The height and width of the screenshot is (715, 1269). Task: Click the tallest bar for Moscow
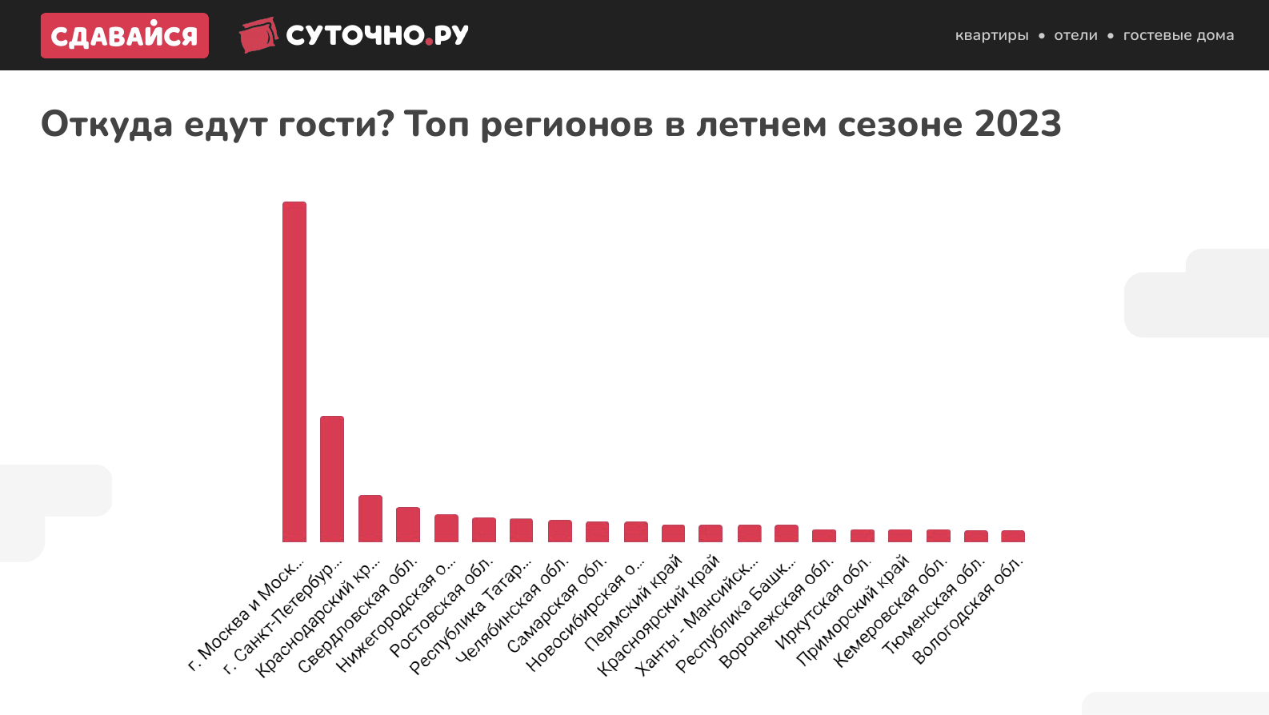pos(294,372)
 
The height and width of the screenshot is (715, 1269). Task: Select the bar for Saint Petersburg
pos(332,479)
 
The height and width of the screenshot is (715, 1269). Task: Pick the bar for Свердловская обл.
pos(408,525)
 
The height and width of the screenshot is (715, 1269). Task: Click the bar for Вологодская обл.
pos(1013,536)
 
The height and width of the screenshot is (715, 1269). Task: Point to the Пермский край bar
pos(673,533)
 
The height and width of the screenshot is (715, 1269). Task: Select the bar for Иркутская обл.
pos(862,536)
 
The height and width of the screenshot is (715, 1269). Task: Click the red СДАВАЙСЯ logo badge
pos(125,35)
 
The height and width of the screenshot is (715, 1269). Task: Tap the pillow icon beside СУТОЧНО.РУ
pos(258,35)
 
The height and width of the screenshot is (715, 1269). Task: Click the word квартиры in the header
pos(991,35)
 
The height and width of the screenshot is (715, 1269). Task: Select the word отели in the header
pos(1075,35)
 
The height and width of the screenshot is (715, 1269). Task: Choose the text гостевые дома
pos(1178,35)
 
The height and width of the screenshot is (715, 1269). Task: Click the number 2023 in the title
pos(1018,124)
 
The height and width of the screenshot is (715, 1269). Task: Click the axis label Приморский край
pos(853,610)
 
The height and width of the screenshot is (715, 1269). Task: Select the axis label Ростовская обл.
pos(442,608)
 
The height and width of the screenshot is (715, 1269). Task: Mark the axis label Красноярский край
pos(659,615)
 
